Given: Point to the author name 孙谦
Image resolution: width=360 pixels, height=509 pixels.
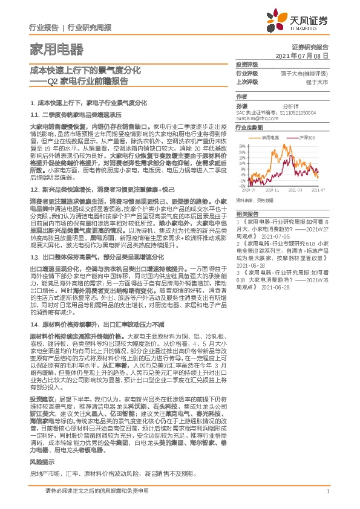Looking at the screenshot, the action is [242, 106].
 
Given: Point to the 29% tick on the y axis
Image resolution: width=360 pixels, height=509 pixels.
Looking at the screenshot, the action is [243, 146].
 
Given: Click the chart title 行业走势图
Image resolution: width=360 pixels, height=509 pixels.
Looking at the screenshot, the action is [249, 128].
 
